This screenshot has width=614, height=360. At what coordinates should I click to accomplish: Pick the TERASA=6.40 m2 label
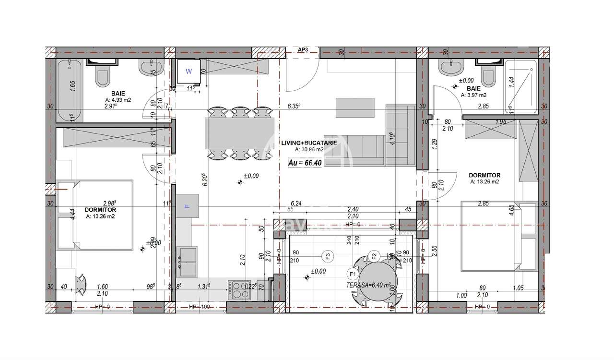(x=368, y=285)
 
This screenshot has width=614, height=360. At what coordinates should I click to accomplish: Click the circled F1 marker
(x=352, y=275)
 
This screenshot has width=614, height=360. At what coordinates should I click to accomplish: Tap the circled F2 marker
(x=375, y=255)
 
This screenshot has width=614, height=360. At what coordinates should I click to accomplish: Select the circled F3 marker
(x=328, y=256)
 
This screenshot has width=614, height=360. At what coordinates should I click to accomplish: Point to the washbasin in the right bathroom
(x=450, y=69)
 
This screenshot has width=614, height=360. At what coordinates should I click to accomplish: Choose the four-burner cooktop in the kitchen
(x=238, y=289)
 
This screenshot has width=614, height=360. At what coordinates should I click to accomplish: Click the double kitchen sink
(x=188, y=262)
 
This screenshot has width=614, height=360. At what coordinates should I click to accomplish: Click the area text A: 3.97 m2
(x=474, y=95)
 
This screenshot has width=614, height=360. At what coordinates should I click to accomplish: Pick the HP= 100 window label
(x=200, y=306)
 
